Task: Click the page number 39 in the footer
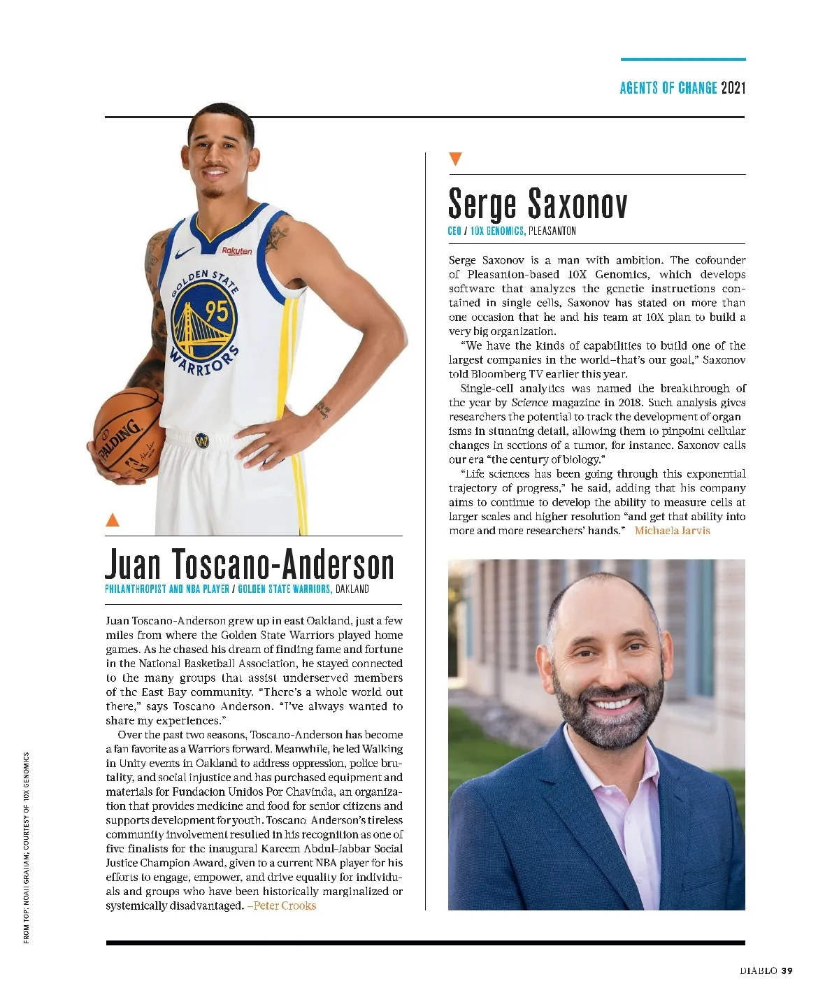pyautogui.click(x=787, y=971)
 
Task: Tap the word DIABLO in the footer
pyautogui.click(x=759, y=971)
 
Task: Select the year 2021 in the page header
pyautogui.click(x=733, y=88)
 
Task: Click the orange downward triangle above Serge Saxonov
pyautogui.click(x=455, y=159)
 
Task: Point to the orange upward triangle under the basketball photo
pyautogui.click(x=112, y=520)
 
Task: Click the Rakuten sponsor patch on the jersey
pyautogui.click(x=237, y=251)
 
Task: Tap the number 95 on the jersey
pyautogui.click(x=216, y=310)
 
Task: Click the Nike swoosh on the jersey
pyautogui.click(x=186, y=254)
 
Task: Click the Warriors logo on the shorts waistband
pyautogui.click(x=202, y=441)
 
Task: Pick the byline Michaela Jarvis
pyautogui.click(x=672, y=531)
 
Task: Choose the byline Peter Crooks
pyautogui.click(x=284, y=906)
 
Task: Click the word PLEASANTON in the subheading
pyautogui.click(x=552, y=231)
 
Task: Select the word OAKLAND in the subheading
pyautogui.click(x=352, y=589)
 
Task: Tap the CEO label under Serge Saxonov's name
pyautogui.click(x=454, y=231)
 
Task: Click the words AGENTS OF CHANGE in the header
pyautogui.click(x=668, y=88)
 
